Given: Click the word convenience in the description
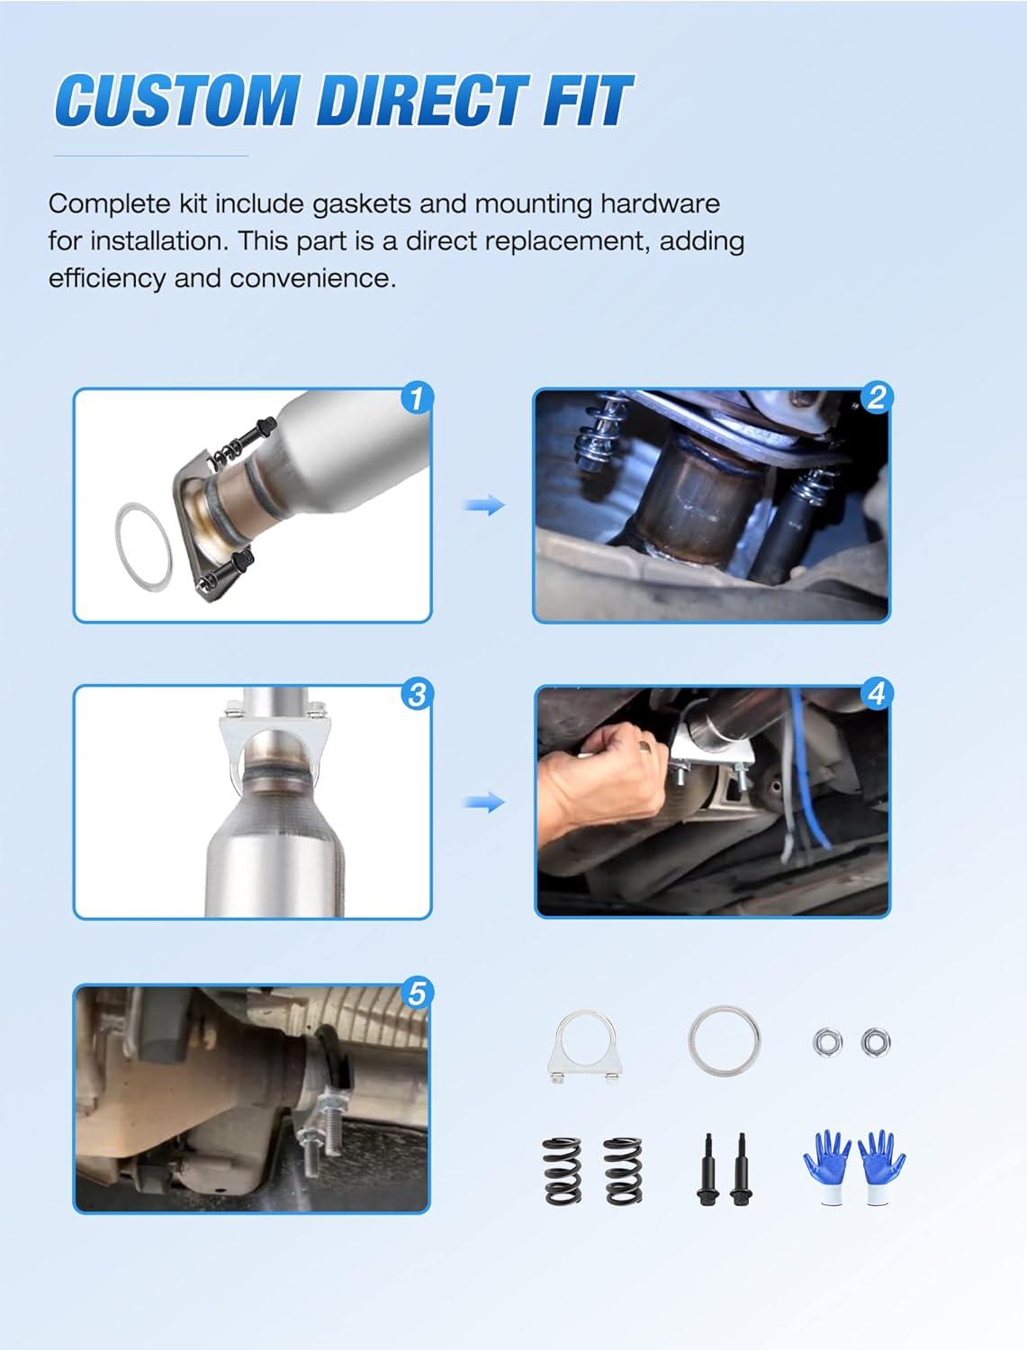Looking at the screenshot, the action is [x=313, y=279].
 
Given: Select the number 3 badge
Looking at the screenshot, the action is [x=418, y=695].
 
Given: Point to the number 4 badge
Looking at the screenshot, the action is [x=876, y=694].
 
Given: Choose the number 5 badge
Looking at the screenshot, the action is [x=418, y=994].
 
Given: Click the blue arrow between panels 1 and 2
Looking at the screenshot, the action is [x=484, y=506].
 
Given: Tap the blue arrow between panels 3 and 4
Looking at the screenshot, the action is [x=484, y=802].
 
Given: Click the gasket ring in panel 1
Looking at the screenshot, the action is [x=121, y=535].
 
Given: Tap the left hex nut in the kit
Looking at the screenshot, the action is [x=828, y=1042].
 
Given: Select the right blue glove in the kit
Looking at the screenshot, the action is [x=880, y=1166].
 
